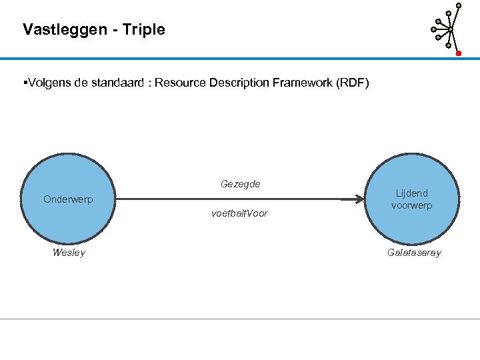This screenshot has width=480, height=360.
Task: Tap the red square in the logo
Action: [x=459, y=53]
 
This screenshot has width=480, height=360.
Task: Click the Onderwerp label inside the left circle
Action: [x=68, y=199]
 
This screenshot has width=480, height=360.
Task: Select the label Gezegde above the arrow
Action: [x=240, y=184]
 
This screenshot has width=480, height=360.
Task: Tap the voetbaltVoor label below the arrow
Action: [x=239, y=213]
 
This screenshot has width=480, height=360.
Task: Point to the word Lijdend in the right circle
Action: [x=411, y=193]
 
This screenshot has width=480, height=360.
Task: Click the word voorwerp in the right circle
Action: [x=411, y=205]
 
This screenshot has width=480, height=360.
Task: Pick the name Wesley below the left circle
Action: [x=69, y=253]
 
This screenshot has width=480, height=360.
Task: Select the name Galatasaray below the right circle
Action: [x=414, y=253]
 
